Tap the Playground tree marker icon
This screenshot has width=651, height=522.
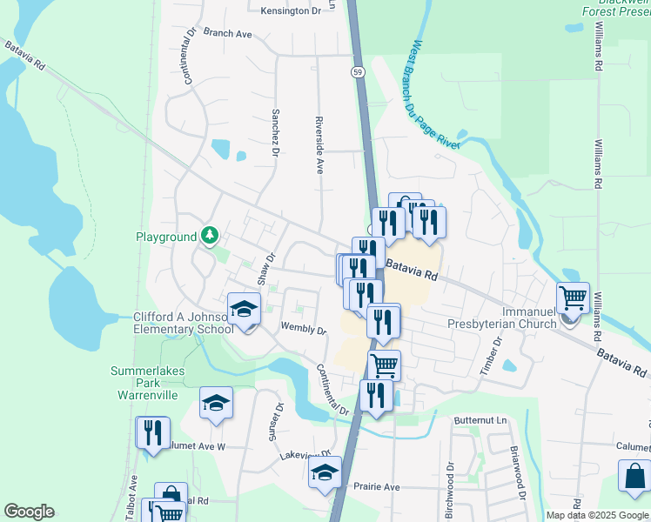pos(210,235)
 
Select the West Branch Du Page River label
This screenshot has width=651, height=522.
pos(434,94)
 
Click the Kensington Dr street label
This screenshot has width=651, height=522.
pos(297,10)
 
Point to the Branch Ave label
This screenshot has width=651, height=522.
pos(227,33)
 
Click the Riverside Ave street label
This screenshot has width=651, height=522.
pos(319,144)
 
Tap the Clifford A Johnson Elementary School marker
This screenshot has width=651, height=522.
pos(245,310)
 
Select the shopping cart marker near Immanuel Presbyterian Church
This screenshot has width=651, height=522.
pos(574,298)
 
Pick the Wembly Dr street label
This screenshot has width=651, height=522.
pos(303,331)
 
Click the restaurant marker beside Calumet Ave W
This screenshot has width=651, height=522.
pos(154,432)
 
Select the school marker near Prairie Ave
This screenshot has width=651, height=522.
pos(325,473)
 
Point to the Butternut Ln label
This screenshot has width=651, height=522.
pos(479,419)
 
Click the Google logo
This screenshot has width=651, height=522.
pos(30,512)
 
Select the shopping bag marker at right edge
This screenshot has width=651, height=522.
pos(634,477)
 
